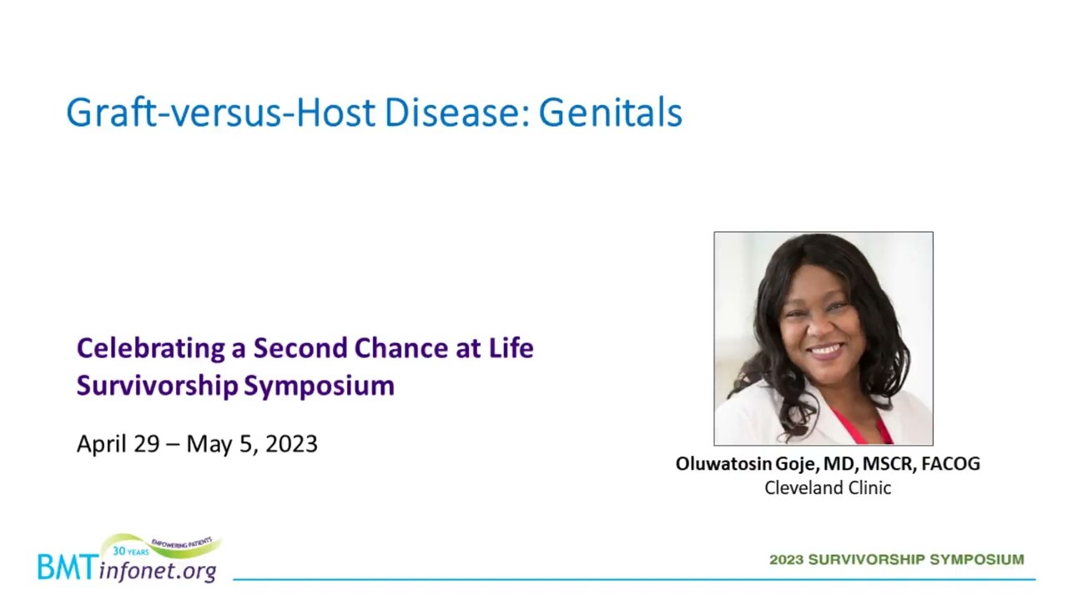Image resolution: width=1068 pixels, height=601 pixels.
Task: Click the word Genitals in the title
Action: point(610,113)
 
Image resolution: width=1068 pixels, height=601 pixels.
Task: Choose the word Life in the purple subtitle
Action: point(511,348)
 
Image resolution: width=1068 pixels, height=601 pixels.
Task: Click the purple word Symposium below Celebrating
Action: point(319,386)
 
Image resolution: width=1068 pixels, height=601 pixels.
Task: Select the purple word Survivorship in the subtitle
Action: point(158,386)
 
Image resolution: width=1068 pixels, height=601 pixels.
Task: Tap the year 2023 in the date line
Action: point(291,444)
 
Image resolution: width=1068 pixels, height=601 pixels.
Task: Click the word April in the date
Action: point(102,445)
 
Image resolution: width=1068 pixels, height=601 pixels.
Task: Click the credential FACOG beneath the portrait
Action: point(950,463)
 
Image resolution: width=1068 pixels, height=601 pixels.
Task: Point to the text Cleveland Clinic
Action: point(828,488)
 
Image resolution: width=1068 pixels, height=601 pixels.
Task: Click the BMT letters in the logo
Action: point(68,568)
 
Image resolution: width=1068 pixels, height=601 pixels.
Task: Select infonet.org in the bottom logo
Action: point(158,570)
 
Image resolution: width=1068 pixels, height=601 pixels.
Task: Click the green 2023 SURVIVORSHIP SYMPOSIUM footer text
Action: point(897,559)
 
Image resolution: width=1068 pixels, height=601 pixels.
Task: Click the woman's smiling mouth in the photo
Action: point(826,351)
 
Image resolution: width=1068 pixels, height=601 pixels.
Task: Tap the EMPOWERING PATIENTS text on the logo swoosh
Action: point(182,543)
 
